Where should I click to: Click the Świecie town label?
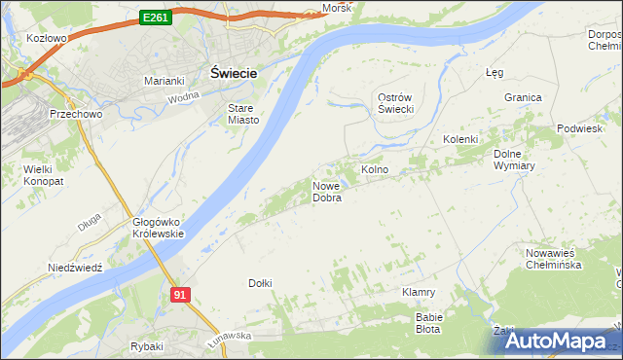tap(234, 72)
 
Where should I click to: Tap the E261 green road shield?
tap(156, 17)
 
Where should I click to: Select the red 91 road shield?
tap(179, 294)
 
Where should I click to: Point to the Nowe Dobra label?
tap(326, 192)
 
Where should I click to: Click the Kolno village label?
tap(375, 169)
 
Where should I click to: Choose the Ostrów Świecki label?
tap(397, 103)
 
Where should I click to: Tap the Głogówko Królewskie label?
tap(158, 228)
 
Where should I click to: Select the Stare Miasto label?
tap(242, 114)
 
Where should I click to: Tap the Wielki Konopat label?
tap(44, 175)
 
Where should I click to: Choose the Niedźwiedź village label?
tap(75, 268)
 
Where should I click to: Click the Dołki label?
tap(260, 283)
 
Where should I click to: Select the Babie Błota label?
tap(429, 323)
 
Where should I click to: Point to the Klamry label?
tap(419, 292)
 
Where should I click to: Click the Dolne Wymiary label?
tap(515, 159)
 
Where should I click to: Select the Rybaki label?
tap(146, 346)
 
